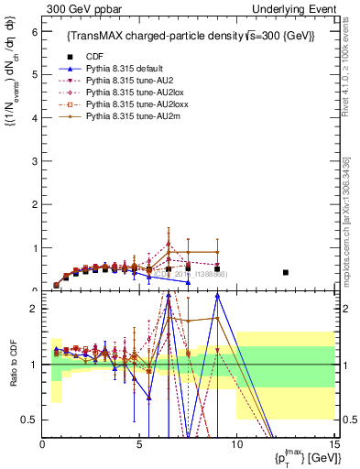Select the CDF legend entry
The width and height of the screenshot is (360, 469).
point(95,57)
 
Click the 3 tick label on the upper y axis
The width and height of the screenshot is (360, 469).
point(35,160)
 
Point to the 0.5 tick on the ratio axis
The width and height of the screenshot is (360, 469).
point(30,420)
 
